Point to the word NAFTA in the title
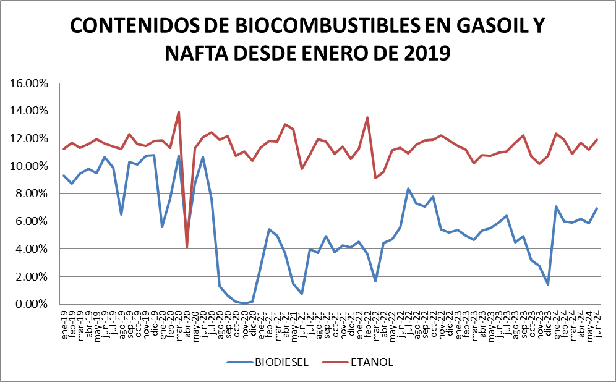pos(195,54)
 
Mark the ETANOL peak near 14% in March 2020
pos(179,112)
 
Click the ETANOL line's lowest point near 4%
pos(187,247)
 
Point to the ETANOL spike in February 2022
pos(367,117)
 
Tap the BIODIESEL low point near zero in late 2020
pos(244,303)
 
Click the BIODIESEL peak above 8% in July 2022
pos(408,189)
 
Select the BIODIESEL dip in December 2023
pos(548,284)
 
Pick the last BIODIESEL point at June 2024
pos(597,208)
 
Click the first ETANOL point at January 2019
pos(64,149)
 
